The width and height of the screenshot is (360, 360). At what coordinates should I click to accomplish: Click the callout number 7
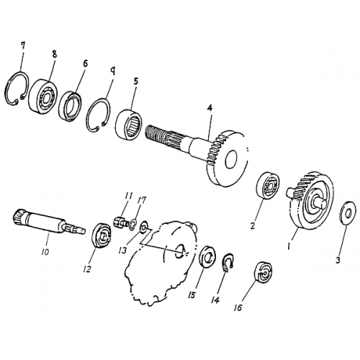(23, 46)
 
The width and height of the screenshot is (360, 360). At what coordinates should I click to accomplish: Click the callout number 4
(209, 109)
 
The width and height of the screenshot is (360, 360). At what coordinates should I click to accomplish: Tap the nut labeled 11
(122, 221)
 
